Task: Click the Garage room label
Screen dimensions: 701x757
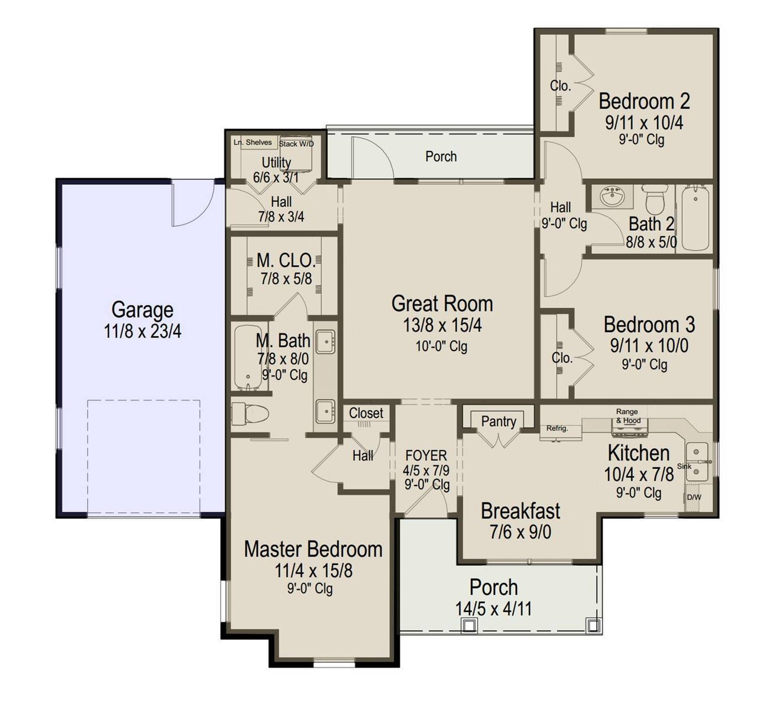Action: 143,310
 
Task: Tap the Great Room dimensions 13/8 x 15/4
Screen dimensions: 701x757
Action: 442,326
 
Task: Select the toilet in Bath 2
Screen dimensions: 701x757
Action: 655,198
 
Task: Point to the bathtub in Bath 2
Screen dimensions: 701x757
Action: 695,218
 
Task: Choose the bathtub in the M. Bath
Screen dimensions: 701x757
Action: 245,358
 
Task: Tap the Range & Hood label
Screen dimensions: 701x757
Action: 627,416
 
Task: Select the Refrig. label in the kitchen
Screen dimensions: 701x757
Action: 557,428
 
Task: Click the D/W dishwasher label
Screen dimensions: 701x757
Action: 694,497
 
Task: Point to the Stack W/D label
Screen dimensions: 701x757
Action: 296,144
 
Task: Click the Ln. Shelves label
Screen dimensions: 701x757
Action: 253,142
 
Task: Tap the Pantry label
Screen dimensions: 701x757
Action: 499,422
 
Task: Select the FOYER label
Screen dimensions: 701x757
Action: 426,455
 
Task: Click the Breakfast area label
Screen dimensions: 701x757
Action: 520,511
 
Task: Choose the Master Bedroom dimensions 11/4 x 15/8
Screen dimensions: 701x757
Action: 313,571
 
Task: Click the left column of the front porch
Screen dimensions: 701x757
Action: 469,625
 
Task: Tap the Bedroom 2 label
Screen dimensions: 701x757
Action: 644,101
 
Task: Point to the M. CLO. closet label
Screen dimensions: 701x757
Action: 286,261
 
